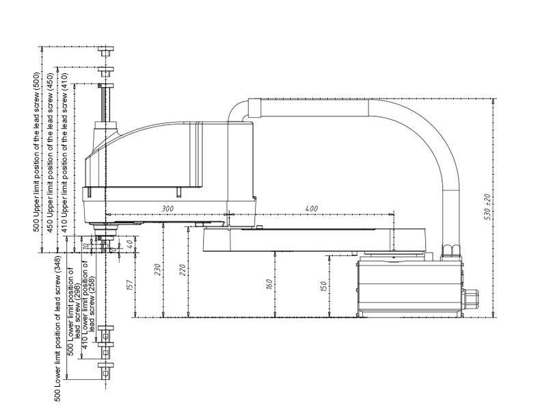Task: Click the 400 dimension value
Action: coord(310,208)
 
